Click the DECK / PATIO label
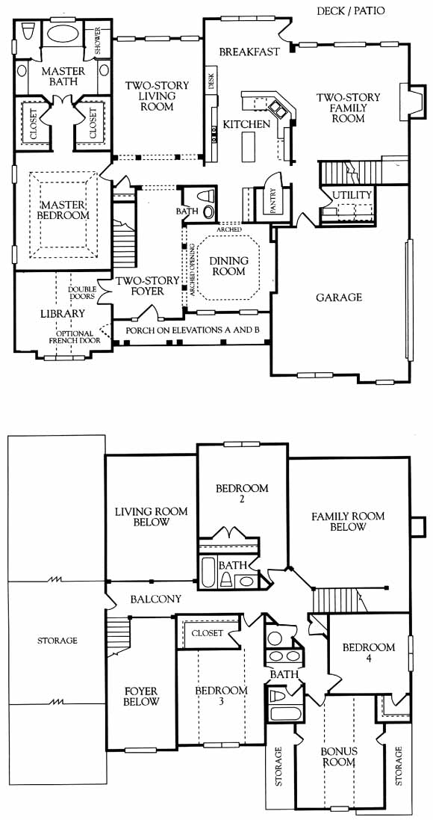(351, 10)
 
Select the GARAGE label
(339, 298)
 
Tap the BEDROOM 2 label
(242, 494)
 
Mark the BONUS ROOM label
(338, 756)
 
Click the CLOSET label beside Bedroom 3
(208, 633)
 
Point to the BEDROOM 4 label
(369, 653)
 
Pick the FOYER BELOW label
(141, 696)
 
